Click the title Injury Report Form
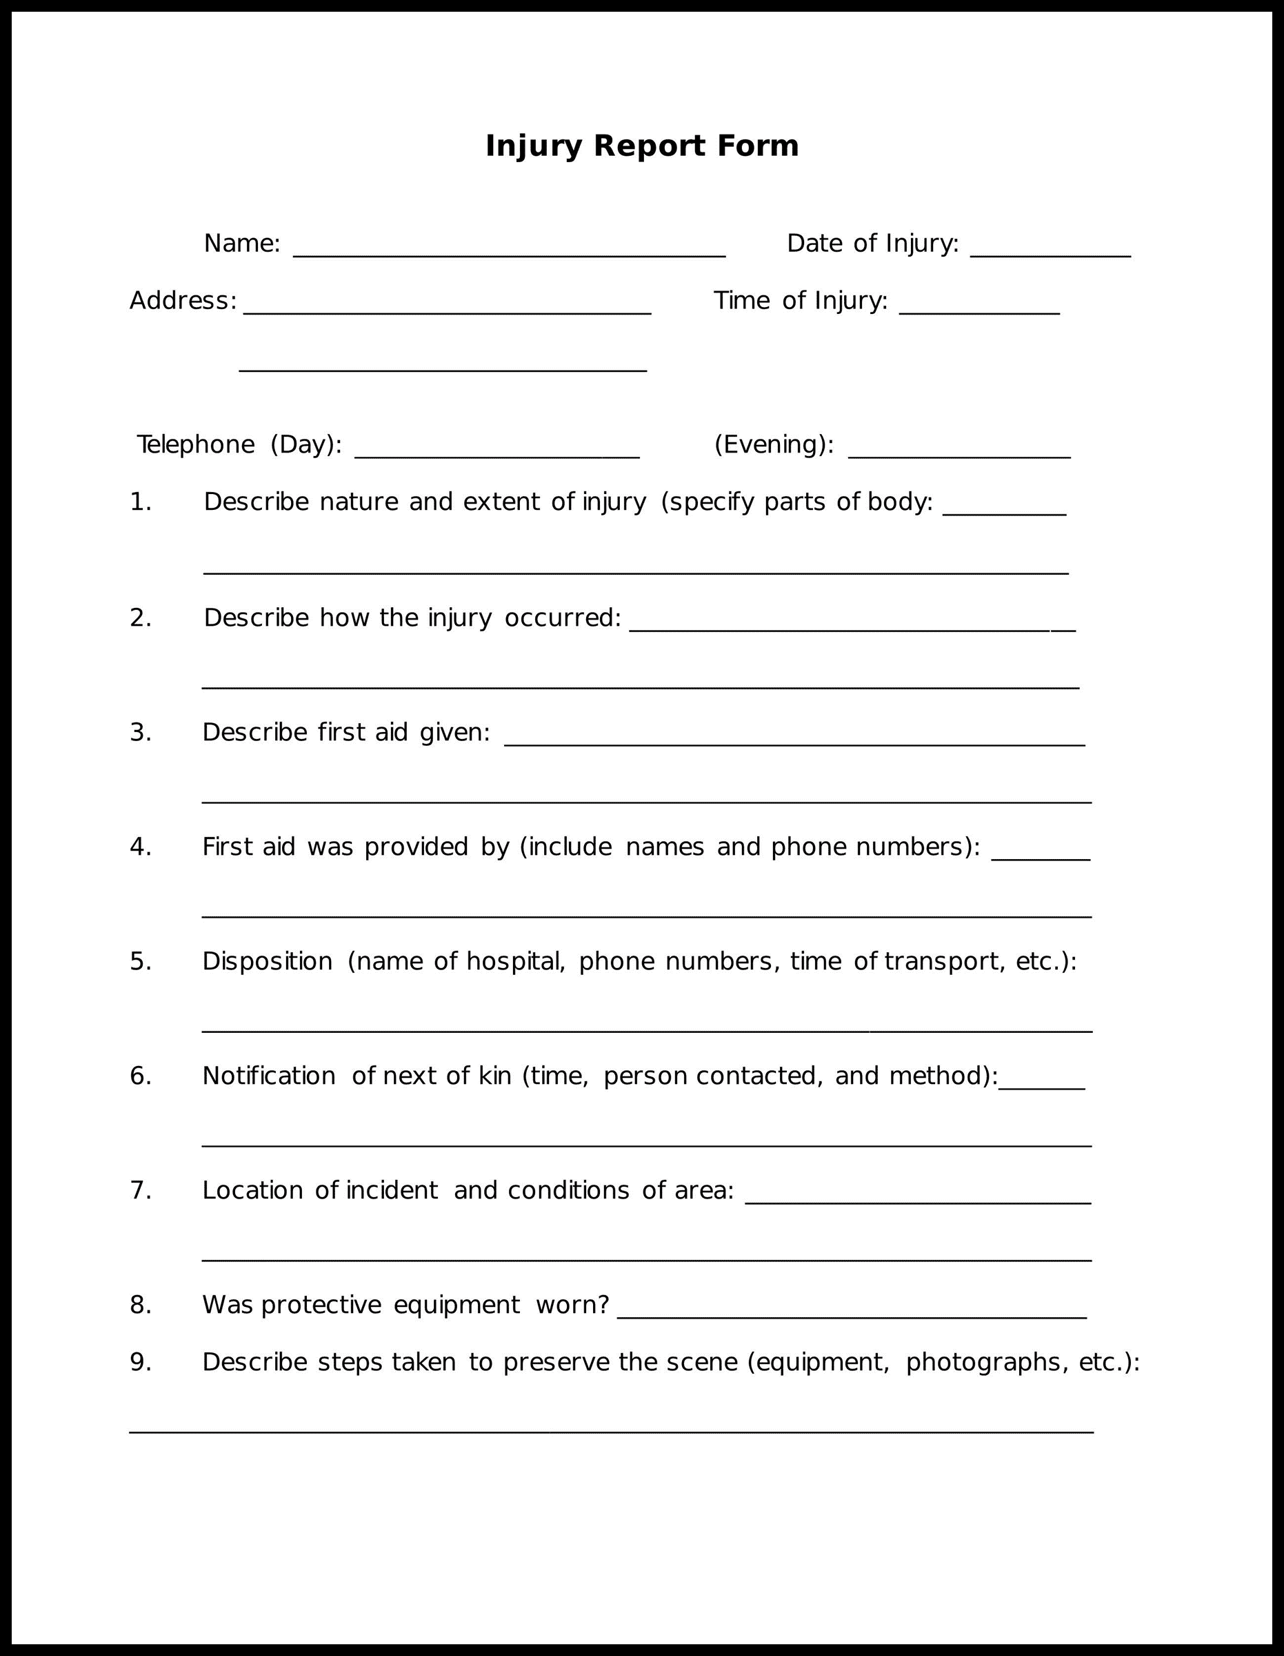click(641, 146)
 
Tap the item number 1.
click(140, 502)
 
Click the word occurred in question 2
click(561, 618)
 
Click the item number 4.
click(140, 847)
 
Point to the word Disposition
click(267, 961)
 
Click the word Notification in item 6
click(268, 1076)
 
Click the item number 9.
click(140, 1363)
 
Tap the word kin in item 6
click(495, 1076)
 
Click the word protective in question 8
click(321, 1305)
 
